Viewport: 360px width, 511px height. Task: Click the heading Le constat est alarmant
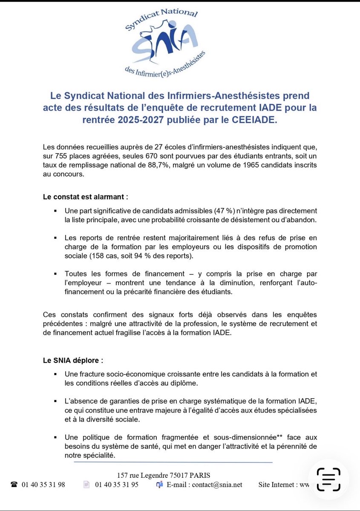pos(86,197)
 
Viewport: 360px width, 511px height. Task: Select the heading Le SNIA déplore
pos(73,360)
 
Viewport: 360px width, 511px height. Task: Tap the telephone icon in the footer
pos(14,485)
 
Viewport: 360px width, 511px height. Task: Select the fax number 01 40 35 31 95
pos(116,485)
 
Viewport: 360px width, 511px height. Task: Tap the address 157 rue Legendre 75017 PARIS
pos(164,475)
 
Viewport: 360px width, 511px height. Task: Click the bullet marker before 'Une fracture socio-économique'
pos(55,374)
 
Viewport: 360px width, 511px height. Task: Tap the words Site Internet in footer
pos(275,485)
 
